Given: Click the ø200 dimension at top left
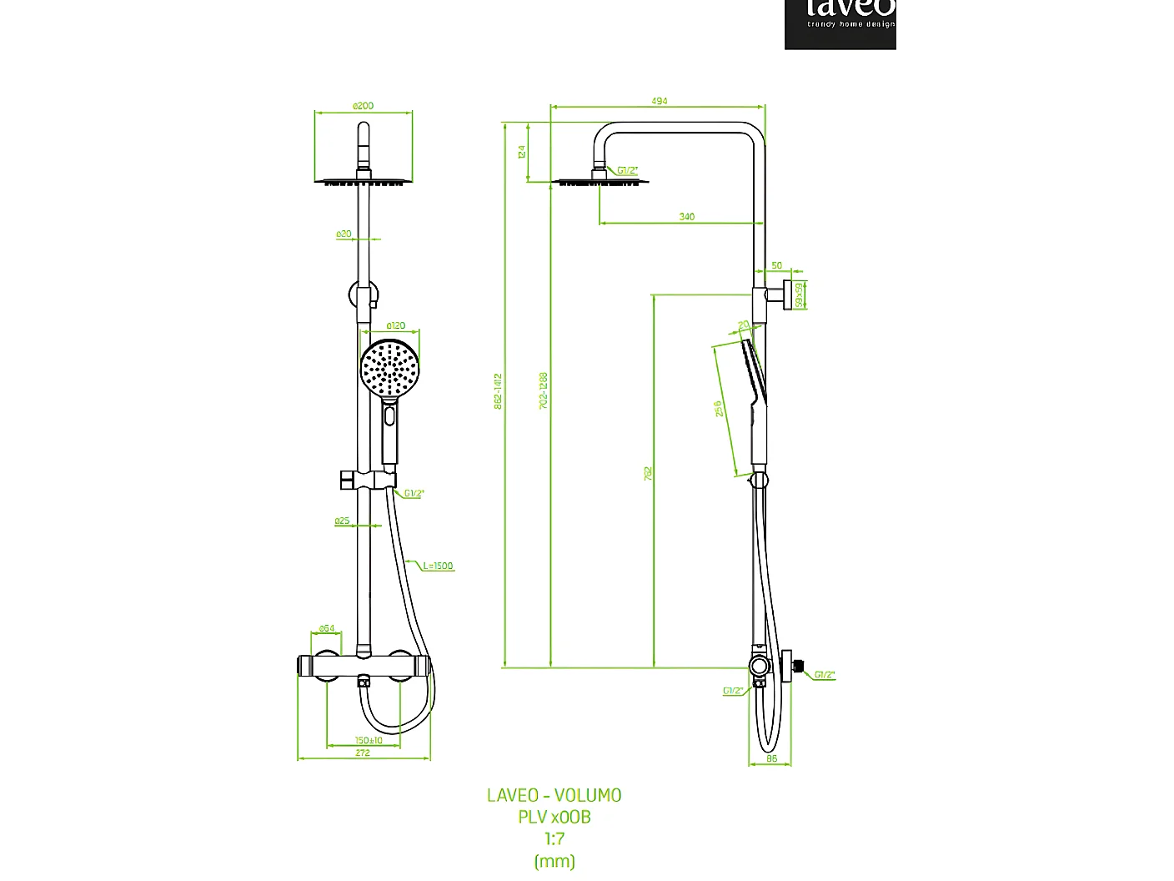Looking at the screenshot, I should tap(363, 106).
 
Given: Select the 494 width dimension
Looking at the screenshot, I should tap(659, 101).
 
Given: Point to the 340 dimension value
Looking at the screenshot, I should tap(686, 217).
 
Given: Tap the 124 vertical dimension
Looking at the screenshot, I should tap(522, 152).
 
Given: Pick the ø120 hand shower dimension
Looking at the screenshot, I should tap(395, 325).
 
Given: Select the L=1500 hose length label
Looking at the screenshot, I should tap(438, 566).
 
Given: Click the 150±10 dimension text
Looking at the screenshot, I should tap(368, 740).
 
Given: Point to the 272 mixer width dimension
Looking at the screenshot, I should tap(363, 753).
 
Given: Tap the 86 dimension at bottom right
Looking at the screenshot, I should tap(771, 758).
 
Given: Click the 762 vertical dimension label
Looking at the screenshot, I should tap(648, 473).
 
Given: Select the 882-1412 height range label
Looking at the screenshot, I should tap(498, 390).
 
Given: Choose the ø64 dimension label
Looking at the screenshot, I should tap(327, 628).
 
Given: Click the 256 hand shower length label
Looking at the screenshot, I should tap(718, 409).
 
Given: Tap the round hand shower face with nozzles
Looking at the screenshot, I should tap(389, 367).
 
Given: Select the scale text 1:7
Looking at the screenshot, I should tap(554, 839).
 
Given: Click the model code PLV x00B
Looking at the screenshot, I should tap(554, 818).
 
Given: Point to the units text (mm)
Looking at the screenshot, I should tap(554, 861).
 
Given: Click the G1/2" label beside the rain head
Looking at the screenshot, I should tap(628, 170).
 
